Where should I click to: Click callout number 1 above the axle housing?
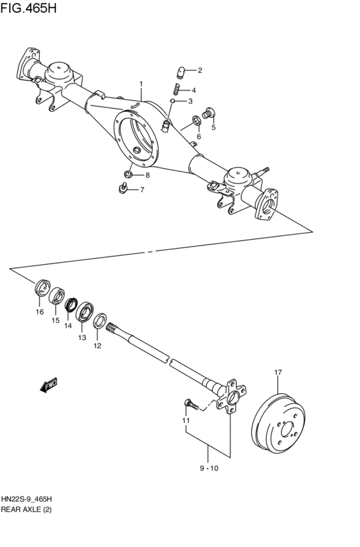pos(141,84)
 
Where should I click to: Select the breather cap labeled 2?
pos(182,71)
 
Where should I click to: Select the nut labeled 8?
pos(129,174)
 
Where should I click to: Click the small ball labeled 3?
pos(173,101)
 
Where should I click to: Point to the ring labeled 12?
pos(100,321)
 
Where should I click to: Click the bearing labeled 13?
pos(85,313)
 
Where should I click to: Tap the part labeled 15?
pos(57,296)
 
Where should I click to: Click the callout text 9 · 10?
pos(209,469)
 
